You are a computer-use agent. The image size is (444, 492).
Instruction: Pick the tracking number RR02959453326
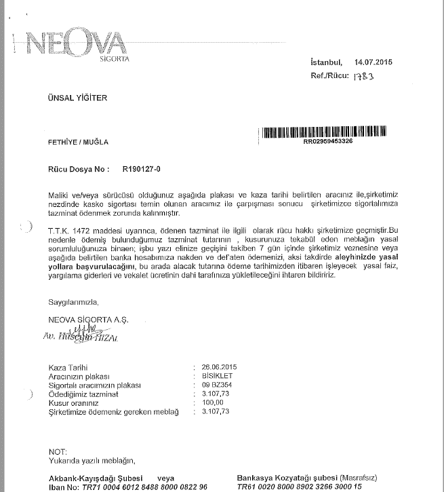click(x=328, y=142)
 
